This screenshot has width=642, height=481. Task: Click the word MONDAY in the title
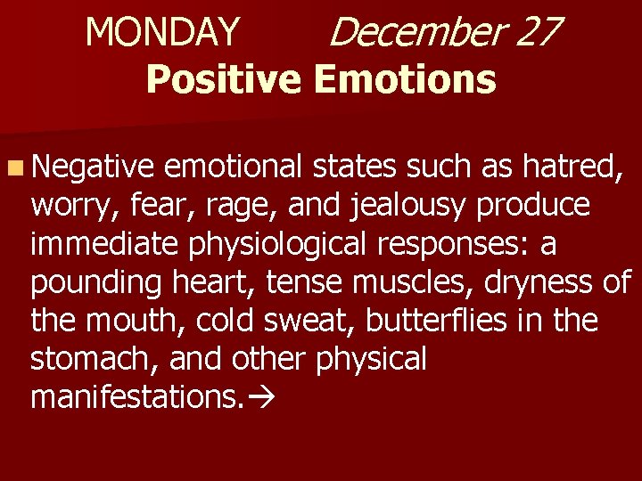pos(162,34)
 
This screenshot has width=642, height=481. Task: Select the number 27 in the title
pos(537,34)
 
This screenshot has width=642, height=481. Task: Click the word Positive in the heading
pos(225,79)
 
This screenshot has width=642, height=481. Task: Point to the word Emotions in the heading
pos(405,79)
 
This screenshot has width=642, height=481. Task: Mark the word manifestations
pos(135,397)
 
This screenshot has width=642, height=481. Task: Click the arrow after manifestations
pos(259,398)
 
